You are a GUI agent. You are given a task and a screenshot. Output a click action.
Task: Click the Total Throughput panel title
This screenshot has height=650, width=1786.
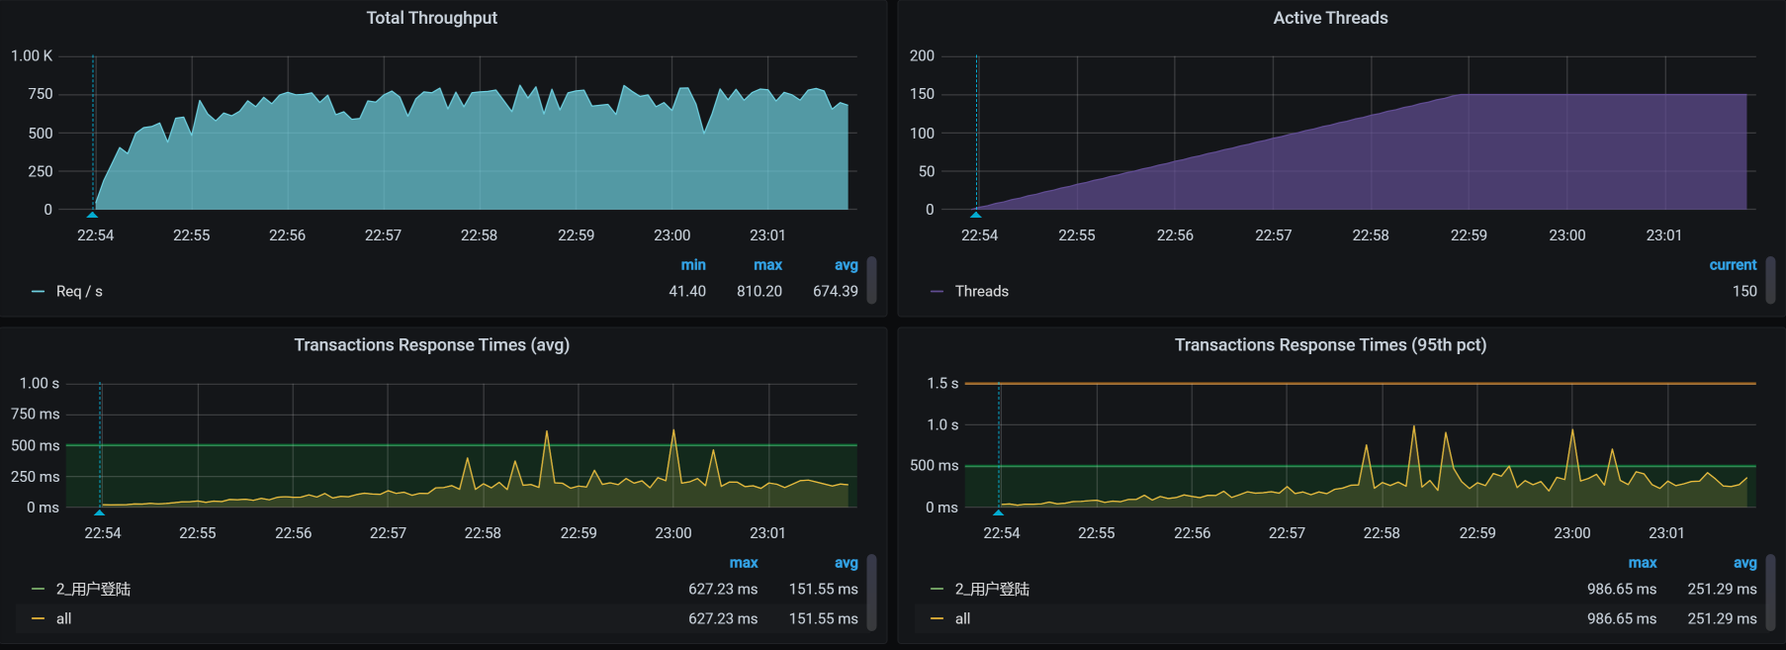pyautogui.click(x=431, y=18)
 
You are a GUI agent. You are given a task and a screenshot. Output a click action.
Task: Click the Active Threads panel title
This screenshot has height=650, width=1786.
pyautogui.click(x=1330, y=18)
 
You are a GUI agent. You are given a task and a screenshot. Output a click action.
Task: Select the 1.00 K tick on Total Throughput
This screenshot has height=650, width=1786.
pyautogui.click(x=32, y=56)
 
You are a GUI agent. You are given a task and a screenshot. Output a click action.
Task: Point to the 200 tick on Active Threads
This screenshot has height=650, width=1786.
pyautogui.click(x=922, y=56)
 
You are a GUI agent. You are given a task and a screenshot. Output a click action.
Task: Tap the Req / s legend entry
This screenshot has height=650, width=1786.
pyautogui.click(x=79, y=291)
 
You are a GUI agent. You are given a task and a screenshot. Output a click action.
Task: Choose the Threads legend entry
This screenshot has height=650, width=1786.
pyautogui.click(x=981, y=291)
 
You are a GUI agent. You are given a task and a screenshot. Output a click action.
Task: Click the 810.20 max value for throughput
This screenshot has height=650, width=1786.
pyautogui.click(x=759, y=291)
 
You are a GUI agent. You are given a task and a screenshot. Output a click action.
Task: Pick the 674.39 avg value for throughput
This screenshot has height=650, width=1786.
pyautogui.click(x=835, y=291)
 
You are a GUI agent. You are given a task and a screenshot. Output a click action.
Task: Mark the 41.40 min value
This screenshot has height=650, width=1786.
pyautogui.click(x=687, y=291)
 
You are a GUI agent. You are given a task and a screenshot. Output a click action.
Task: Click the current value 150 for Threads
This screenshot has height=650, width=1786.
pyautogui.click(x=1744, y=291)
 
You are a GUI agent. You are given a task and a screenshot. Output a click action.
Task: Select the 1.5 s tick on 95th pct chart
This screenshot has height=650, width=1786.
pyautogui.click(x=942, y=384)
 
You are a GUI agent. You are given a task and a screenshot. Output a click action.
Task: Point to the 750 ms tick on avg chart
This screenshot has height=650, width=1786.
pyautogui.click(x=36, y=415)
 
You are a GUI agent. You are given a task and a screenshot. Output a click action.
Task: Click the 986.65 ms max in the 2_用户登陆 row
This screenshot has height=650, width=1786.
pyautogui.click(x=1622, y=589)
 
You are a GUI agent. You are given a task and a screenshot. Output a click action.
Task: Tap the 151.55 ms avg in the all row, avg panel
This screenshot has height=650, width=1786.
pyautogui.click(x=823, y=618)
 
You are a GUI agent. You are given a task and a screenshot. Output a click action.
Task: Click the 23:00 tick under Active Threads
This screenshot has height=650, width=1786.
pyautogui.click(x=1566, y=235)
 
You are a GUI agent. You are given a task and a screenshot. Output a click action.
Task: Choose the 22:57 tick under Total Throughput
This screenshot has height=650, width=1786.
pyautogui.click(x=383, y=235)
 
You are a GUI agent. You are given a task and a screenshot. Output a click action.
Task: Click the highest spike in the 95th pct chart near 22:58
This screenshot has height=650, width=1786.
pyautogui.click(x=1414, y=426)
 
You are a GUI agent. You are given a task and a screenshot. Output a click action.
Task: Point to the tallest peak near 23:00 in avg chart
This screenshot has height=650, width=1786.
pyautogui.click(x=673, y=430)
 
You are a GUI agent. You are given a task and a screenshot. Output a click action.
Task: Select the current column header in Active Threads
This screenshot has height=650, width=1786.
pyautogui.click(x=1733, y=265)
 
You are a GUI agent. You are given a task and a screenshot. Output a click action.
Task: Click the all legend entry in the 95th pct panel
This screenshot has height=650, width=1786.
pyautogui.click(x=962, y=618)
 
